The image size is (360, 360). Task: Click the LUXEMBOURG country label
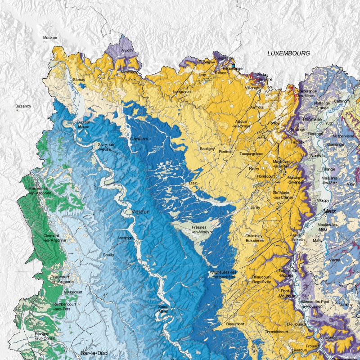288,53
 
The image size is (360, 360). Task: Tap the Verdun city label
140,211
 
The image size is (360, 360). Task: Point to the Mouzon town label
50,38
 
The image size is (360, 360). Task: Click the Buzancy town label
23,106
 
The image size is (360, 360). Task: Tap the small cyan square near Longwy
234,66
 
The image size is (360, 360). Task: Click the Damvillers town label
138,139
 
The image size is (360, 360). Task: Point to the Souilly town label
108,255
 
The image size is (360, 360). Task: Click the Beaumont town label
235,324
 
